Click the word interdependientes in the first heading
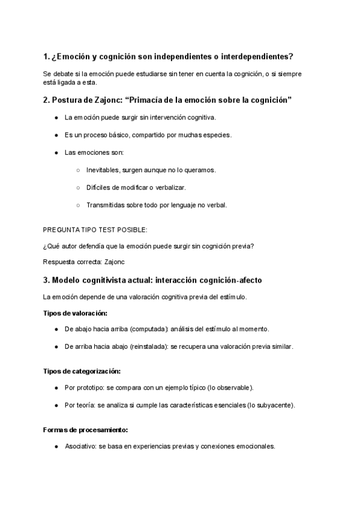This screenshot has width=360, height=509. click(x=256, y=57)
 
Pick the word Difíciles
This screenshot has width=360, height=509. click(x=100, y=188)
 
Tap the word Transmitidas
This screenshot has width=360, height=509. click(x=106, y=205)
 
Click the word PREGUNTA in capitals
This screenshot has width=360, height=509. click(x=62, y=229)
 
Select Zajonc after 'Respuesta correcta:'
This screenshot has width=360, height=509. click(x=115, y=262)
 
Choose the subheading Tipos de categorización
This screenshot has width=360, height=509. click(x=82, y=371)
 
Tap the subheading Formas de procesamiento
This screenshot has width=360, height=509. click(x=85, y=430)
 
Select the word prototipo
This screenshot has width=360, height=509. click(x=89, y=388)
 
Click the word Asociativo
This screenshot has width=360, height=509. click(x=79, y=447)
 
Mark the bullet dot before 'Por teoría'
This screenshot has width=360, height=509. click(x=56, y=405)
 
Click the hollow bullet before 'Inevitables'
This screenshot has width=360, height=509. click(x=78, y=170)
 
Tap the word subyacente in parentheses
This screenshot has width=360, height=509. click(x=275, y=405)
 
